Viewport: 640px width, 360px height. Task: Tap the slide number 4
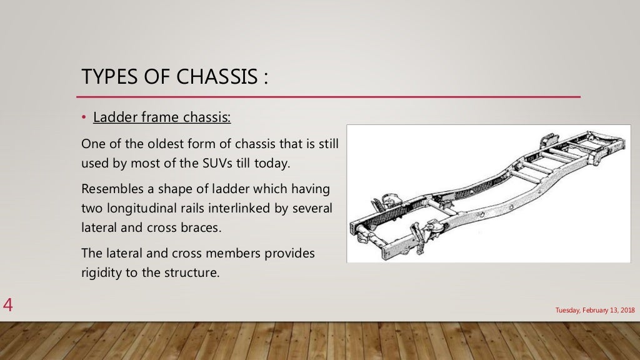(8, 306)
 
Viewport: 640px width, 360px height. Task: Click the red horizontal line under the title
(328, 97)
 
